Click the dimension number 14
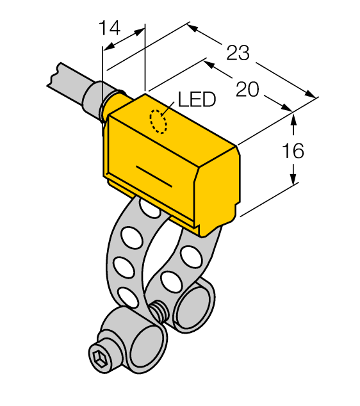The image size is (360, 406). pyautogui.click(x=110, y=28)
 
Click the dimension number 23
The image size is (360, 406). pyautogui.click(x=238, y=53)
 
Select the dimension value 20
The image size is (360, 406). pyautogui.click(x=247, y=90)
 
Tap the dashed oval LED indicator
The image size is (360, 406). pyautogui.click(x=158, y=122)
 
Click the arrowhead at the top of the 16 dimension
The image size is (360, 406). pyautogui.click(x=293, y=118)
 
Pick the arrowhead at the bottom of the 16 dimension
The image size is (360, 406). pyautogui.click(x=293, y=179)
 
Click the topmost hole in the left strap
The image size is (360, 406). pyautogui.click(x=149, y=209)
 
